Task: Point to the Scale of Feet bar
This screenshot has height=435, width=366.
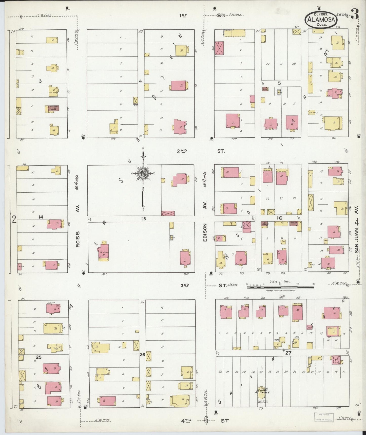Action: click(x=280, y=287)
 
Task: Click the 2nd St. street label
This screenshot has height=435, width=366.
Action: click(x=200, y=151)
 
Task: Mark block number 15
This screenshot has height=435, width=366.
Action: click(x=143, y=219)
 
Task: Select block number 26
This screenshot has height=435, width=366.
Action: click(x=142, y=354)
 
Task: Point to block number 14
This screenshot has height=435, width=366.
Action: click(x=41, y=217)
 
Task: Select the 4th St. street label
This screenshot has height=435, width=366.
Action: click(x=205, y=421)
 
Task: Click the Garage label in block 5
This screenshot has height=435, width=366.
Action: click(x=313, y=112)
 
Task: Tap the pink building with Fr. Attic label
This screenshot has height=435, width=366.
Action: click(x=103, y=251)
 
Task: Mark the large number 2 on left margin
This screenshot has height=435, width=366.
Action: click(x=14, y=219)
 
